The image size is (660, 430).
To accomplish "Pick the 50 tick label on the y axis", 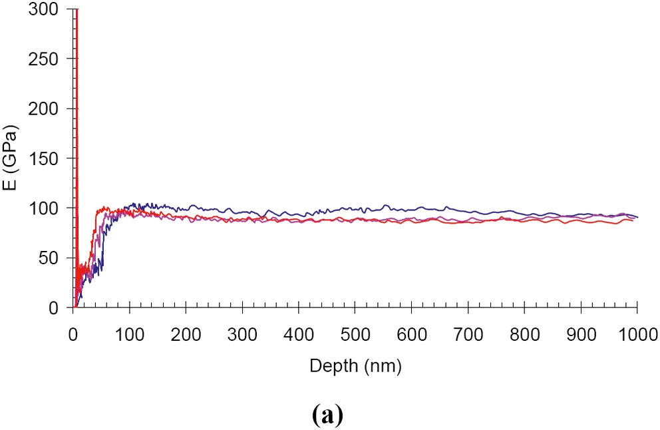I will tap(49, 258).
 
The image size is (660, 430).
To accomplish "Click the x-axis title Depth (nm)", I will tap(355, 365).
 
